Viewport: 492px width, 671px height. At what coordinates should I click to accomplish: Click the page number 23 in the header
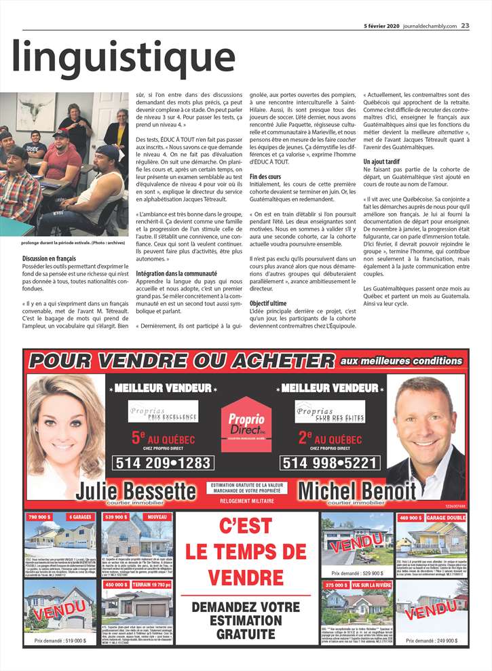466,7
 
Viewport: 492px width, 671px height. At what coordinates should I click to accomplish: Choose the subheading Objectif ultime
269,303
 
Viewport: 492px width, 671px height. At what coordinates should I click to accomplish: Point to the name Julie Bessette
136,490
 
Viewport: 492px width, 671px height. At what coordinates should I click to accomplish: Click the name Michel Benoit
357,490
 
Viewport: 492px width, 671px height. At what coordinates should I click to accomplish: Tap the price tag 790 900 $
40,517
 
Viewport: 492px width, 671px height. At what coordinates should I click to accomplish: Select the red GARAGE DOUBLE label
446,518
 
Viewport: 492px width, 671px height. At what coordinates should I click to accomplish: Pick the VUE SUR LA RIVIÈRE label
369,584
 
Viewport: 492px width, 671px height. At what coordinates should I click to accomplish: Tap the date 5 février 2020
382,7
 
